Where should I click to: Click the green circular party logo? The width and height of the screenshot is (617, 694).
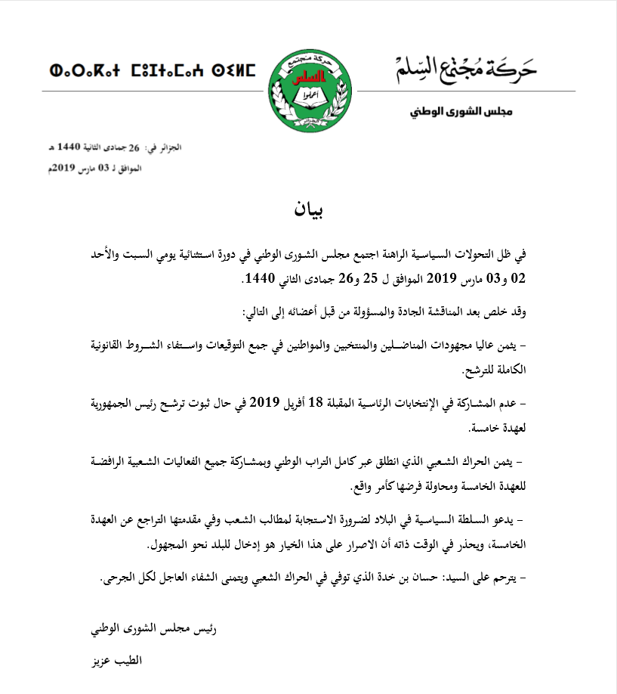coord(308,89)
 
